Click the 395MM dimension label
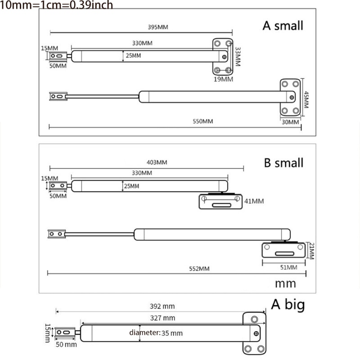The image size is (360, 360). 157,27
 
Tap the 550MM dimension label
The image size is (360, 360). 202,121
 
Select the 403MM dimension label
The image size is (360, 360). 157,162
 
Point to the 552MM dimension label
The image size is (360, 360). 199,269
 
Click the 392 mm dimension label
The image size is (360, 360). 163,306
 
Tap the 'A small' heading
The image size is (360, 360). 283,25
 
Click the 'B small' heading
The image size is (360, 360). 283,162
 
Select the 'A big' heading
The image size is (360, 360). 288,305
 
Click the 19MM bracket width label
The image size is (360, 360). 223,79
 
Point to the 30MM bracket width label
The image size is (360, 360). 290,121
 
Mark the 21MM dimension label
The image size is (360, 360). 310,250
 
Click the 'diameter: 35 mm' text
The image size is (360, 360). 156,333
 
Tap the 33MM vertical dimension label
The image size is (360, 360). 238,57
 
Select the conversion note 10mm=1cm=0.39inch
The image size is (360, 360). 57,5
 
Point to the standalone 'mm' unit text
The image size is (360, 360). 285,283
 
